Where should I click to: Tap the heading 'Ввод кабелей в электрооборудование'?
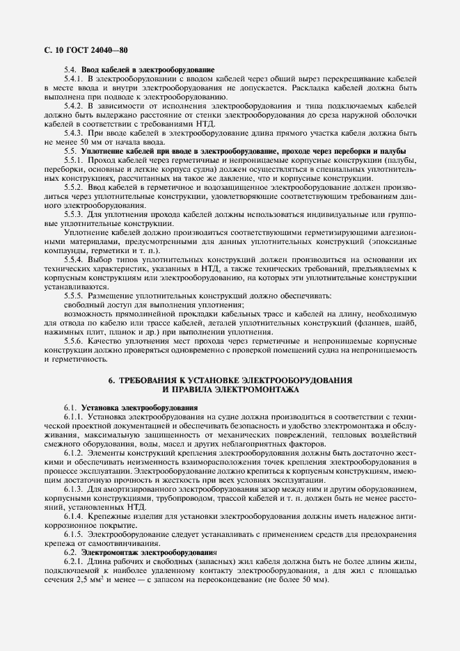coord(148,70)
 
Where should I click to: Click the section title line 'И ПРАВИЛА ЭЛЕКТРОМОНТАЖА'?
coord(230,390)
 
